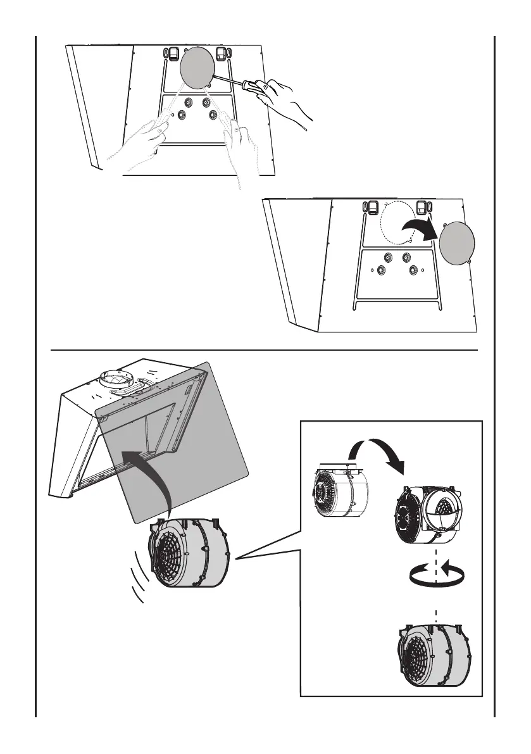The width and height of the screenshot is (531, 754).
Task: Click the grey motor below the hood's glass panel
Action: tap(189, 551)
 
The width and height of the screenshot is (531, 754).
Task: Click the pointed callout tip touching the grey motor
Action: tap(237, 558)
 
